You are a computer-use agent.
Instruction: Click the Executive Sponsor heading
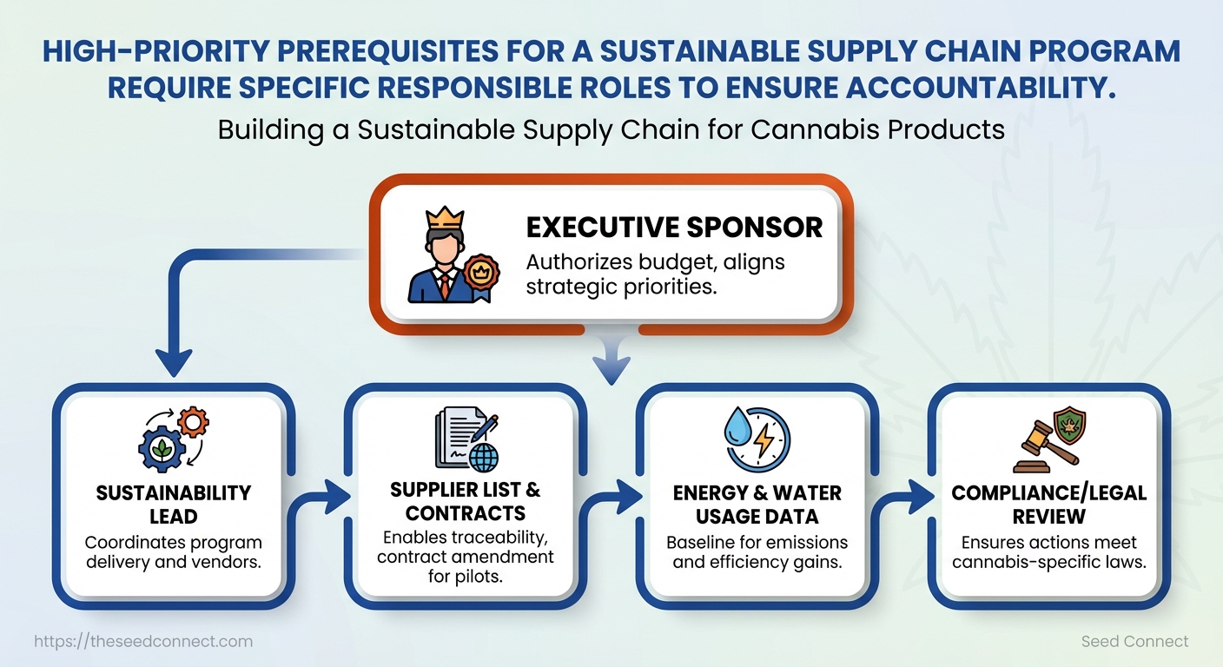(674, 228)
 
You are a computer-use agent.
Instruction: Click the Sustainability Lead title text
(174, 505)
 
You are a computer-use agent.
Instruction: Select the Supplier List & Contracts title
(466, 501)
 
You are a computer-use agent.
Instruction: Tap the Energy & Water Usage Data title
(757, 505)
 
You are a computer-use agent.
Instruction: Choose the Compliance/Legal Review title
(1048, 505)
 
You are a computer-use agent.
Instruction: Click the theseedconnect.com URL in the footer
(143, 642)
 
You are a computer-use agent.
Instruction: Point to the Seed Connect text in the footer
(1134, 642)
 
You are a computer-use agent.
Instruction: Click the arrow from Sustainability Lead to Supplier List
(323, 498)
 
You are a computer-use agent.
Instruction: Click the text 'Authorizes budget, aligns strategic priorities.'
(655, 274)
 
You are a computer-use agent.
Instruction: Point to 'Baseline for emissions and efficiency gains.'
(757, 551)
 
